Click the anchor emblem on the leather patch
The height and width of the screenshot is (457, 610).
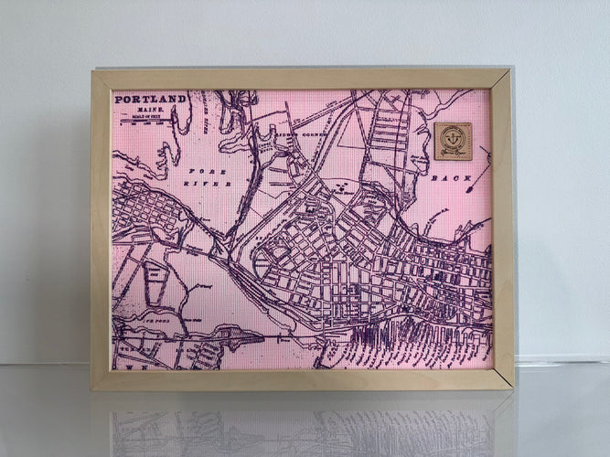[x=454, y=138]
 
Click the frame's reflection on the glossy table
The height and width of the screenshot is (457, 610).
[x=302, y=425]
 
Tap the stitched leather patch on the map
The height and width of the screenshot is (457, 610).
[x=454, y=141]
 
